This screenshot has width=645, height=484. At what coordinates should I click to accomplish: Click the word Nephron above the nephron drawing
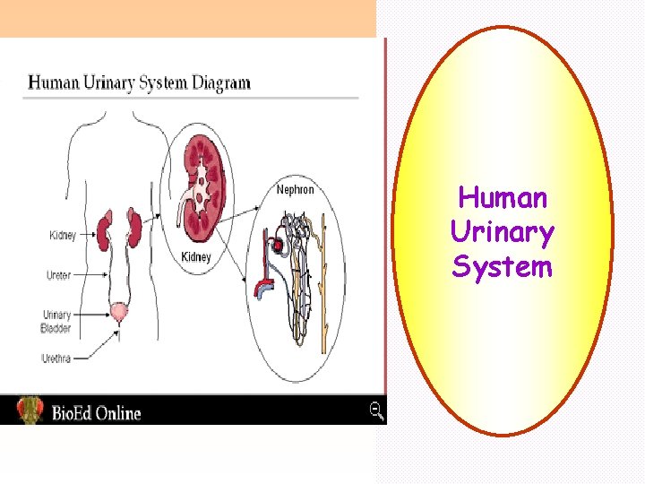295,190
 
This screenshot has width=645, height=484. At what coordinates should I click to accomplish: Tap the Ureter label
58,275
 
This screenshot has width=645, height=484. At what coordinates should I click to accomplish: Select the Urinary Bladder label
56,321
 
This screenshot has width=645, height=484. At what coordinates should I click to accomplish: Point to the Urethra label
56,359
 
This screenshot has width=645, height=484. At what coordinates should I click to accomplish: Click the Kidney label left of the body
62,235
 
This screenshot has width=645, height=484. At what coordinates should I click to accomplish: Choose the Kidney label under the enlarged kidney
196,257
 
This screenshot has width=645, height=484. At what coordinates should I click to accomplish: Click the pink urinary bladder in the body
117,313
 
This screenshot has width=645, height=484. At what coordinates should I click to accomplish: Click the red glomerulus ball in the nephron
279,245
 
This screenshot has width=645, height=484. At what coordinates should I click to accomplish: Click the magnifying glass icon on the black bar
377,411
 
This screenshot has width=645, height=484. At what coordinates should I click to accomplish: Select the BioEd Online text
96,412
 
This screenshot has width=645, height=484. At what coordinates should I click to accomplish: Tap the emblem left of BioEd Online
29,410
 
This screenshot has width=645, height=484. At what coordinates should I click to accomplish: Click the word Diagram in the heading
216,83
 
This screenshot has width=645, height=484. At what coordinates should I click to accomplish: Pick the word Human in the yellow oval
503,198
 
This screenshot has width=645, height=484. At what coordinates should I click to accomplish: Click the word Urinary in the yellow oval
503,232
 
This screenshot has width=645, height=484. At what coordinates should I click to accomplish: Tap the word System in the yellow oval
503,266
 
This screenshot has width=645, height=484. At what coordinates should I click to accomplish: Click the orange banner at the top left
187,18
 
